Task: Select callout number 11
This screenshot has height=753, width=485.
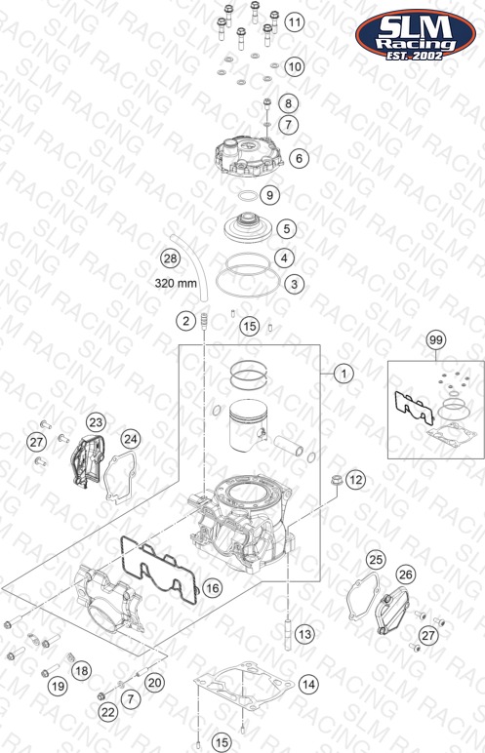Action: pos(294,21)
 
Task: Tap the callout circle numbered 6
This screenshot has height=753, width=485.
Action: pos(299,158)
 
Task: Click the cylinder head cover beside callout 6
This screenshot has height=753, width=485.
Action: pos(248,156)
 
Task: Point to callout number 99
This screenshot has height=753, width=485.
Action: pos(436,340)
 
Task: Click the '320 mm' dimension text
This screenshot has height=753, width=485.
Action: pos(176,283)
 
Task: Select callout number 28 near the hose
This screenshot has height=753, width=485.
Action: pos(170,258)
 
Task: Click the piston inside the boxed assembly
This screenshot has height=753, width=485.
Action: pos(248,424)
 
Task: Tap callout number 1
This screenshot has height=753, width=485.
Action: pos(344,374)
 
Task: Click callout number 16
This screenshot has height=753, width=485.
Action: pos(212,588)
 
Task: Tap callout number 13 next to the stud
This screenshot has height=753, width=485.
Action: pos(304,634)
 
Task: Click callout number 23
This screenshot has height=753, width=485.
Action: pos(96,422)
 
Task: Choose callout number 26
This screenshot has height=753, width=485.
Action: pos(406,575)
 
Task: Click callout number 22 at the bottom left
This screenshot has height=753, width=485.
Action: pos(107,712)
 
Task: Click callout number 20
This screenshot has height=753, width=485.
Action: pos(154,683)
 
